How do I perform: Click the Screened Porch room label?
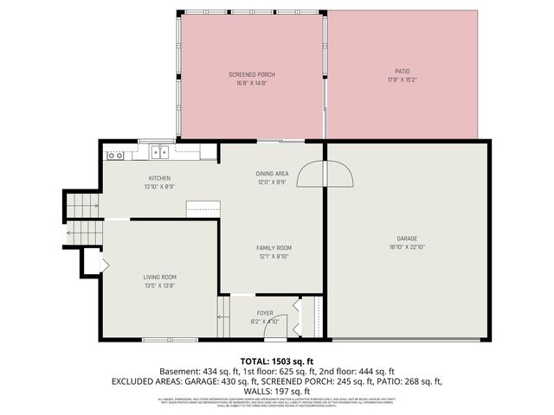(252, 75)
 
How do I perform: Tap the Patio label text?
(402, 71)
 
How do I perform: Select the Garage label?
(407, 238)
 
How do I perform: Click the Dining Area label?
(271, 174)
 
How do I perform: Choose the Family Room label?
(273, 247)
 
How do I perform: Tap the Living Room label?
(160, 277)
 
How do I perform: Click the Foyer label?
(266, 313)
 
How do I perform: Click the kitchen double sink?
(160, 153)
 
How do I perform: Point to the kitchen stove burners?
(115, 156)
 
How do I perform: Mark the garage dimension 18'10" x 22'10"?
(407, 247)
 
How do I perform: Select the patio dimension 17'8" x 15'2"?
(402, 80)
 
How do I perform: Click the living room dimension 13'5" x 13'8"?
(160, 285)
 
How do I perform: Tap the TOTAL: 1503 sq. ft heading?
(276, 361)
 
